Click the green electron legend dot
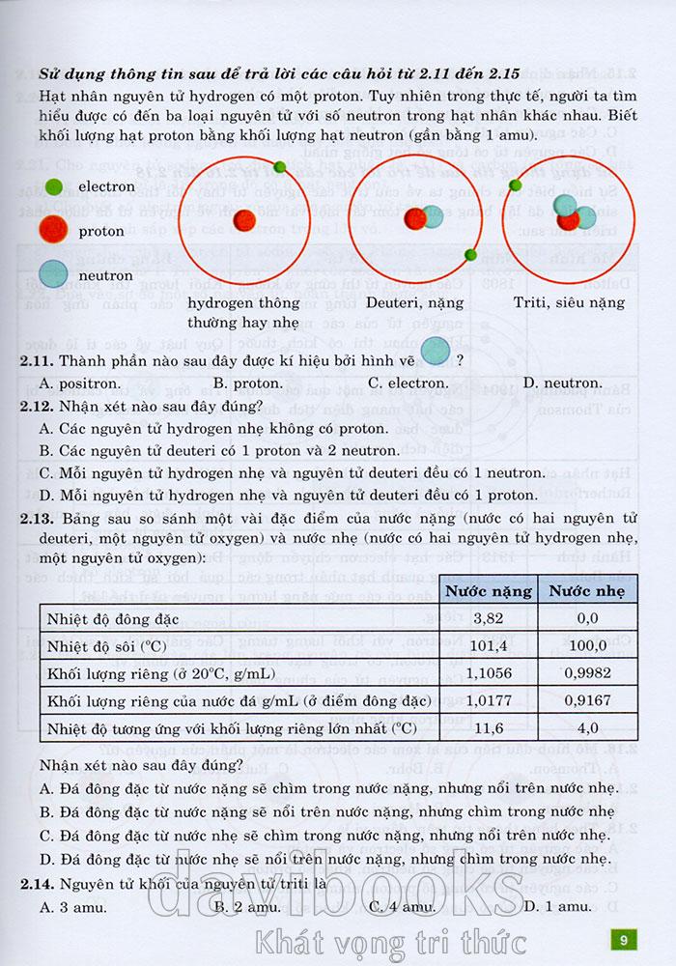pos(54,185)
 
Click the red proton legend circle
pos(54,230)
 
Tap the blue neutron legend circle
pos(54,274)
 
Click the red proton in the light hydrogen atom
pos(243,219)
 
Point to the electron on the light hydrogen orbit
pos(280,167)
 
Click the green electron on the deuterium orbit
pos(470,255)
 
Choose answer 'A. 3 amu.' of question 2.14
pos(73,906)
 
